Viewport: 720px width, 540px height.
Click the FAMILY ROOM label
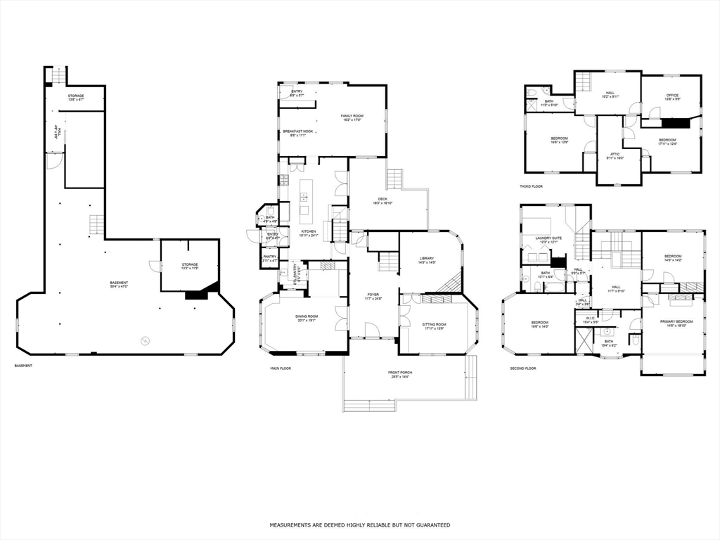click(x=352, y=116)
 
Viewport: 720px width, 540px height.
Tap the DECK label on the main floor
click(x=382, y=199)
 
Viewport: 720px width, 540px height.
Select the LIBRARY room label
click(x=427, y=259)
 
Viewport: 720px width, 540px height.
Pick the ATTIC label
click(x=615, y=154)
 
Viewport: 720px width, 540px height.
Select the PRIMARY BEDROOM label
click(x=676, y=321)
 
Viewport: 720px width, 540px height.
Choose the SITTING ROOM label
click(x=434, y=325)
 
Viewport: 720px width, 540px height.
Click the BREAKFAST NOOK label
click(x=298, y=131)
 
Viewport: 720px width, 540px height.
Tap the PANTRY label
click(x=269, y=257)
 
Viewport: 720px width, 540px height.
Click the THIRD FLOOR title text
click(x=531, y=186)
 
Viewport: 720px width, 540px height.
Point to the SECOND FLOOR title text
click(x=522, y=368)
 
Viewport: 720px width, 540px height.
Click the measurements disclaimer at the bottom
click(x=360, y=525)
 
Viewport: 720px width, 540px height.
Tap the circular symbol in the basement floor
click(x=146, y=341)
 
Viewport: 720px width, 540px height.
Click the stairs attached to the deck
click(x=394, y=179)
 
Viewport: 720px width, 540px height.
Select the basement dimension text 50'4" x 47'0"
click(x=119, y=287)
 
